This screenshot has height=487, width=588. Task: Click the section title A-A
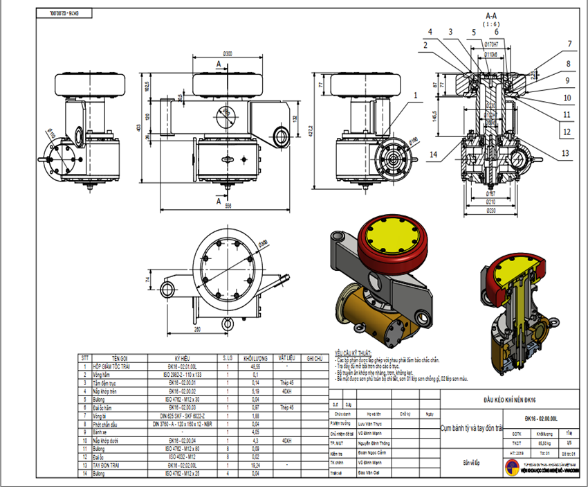coord(492,15)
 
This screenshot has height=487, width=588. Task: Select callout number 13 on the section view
coord(565,152)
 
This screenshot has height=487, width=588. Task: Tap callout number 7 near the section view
coord(569,44)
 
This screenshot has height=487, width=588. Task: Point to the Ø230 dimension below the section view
coord(492,209)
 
